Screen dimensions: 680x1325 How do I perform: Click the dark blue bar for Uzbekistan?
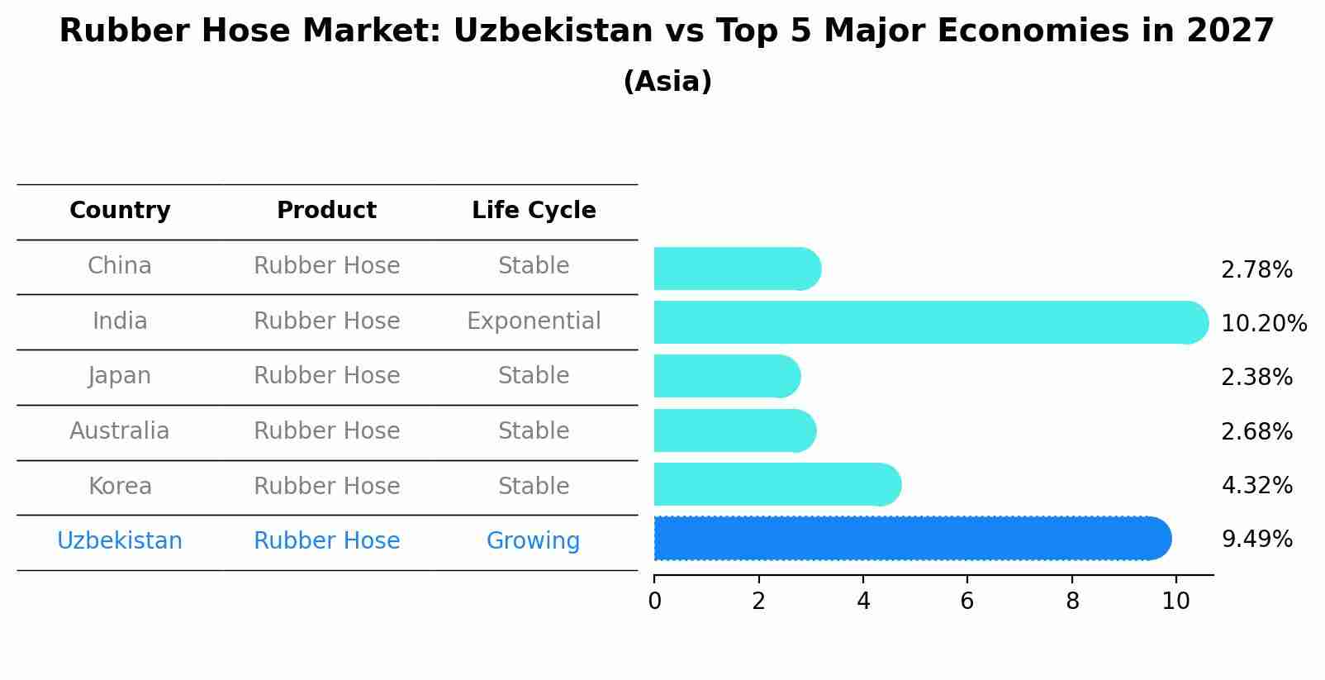[909, 539]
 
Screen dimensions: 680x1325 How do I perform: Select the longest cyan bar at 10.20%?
[925, 322]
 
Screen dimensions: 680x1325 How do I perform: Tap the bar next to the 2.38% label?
[725, 377]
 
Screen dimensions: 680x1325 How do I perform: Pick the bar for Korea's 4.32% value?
[775, 485]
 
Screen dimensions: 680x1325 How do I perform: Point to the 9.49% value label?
[1256, 540]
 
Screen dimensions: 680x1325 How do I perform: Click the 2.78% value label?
[1256, 270]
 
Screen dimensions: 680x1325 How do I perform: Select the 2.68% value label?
[1256, 431]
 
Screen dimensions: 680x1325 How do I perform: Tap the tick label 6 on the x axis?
[967, 602]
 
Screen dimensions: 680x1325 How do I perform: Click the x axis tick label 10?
[1175, 602]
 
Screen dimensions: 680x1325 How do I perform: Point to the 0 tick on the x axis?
[655, 602]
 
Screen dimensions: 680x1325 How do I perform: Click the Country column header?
[120, 211]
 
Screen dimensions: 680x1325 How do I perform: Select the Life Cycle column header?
[534, 211]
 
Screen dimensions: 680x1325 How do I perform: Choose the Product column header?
[326, 211]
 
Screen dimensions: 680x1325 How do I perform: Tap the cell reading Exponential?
[534, 321]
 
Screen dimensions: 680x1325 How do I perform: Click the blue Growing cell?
[533, 541]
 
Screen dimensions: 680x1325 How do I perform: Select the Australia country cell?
[120, 431]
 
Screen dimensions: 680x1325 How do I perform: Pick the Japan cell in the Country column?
[120, 376]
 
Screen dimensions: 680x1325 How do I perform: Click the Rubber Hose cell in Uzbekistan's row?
[326, 541]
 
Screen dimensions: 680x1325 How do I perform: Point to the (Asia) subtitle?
[667, 82]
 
